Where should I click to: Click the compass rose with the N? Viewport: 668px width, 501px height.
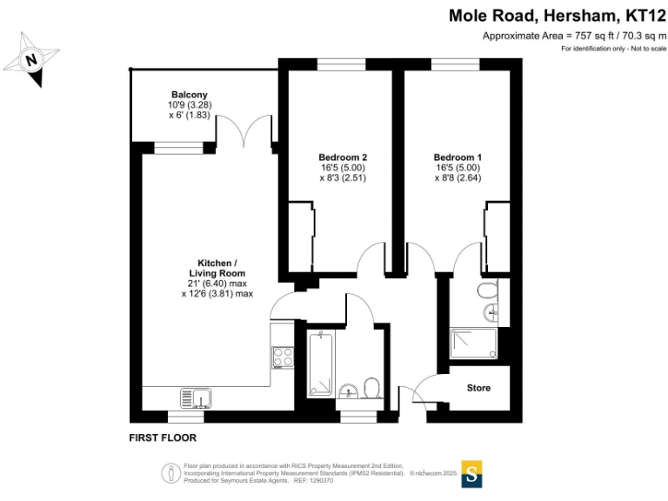coord(31,59)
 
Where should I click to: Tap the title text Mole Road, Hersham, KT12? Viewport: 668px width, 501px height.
coord(556,16)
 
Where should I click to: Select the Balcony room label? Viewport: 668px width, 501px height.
coord(189,94)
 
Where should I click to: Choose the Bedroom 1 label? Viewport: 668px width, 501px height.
coord(458,157)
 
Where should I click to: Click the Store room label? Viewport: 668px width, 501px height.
coord(478,388)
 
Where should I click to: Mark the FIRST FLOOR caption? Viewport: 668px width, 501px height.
coord(163,438)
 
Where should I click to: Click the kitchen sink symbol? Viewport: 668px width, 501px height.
coord(197,397)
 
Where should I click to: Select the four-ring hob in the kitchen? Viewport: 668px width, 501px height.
coord(283,357)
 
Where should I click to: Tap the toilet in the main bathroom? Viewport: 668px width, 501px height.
coord(371,387)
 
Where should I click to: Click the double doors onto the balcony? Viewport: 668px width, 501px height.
coord(247,132)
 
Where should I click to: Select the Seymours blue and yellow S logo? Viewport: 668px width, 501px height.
coord(472,472)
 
